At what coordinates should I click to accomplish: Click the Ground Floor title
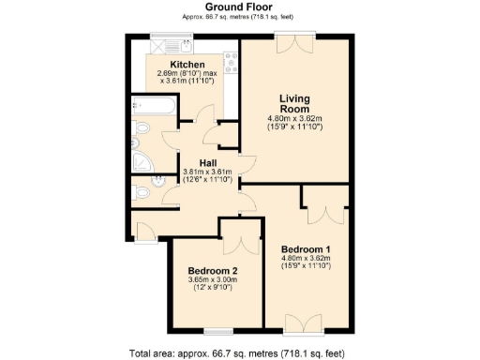coord(240,7)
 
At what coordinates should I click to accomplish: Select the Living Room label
coord(295,103)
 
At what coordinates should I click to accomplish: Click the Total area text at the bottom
coord(241,353)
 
